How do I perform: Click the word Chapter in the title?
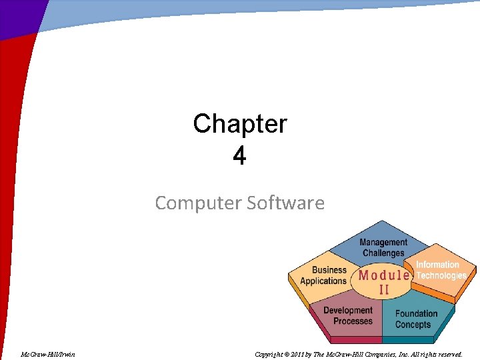point(240,124)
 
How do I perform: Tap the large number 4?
point(239,156)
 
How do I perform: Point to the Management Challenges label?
point(383,247)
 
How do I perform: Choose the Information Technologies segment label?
point(441,270)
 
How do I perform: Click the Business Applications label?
point(324,275)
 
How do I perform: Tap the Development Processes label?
point(348,315)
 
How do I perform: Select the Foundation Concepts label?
point(416,319)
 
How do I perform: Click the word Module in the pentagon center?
point(384,275)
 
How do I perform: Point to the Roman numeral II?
point(385,289)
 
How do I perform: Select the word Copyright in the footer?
point(271,354)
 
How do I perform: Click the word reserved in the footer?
point(449,354)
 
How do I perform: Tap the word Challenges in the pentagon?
point(383,253)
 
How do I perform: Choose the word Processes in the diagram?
point(353,321)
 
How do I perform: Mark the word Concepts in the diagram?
point(413,325)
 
